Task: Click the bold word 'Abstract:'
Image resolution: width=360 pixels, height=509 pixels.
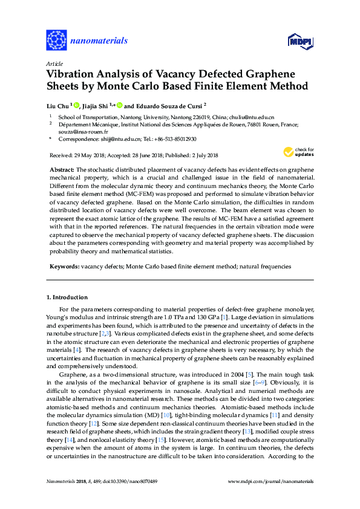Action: [61, 171]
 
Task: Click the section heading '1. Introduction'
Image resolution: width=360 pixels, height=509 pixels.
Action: [67, 297]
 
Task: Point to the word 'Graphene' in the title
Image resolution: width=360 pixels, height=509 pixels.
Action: [278, 75]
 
